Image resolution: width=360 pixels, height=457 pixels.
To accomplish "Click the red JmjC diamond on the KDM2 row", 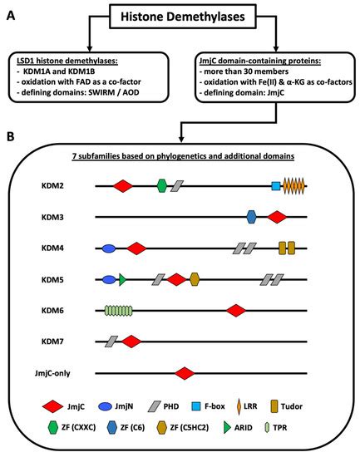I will [x=122, y=185].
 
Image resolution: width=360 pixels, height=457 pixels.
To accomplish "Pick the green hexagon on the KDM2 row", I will [x=162, y=185].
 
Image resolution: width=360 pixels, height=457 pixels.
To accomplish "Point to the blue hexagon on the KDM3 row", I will [x=252, y=217].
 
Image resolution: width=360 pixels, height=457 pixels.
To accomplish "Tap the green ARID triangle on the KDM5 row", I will [x=122, y=279].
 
